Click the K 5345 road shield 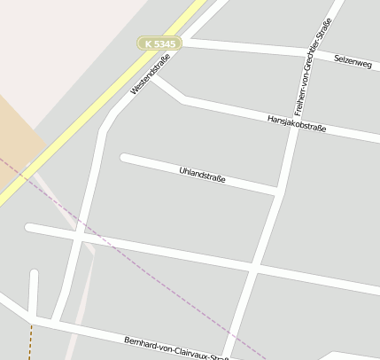coord(159,43)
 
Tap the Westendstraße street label coord(150,74)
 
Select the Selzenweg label coord(353,60)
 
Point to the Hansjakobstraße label coord(297,123)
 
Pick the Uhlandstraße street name coord(202,174)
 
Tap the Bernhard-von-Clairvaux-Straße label coord(177,348)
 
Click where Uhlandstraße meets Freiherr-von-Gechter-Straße coord(279,191)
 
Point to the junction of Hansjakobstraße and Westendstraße coord(154,78)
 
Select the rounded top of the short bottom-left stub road coord(34,274)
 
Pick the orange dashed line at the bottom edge coord(30,341)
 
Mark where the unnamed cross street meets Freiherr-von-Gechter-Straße coord(256,266)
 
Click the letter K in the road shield coord(147,43)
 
